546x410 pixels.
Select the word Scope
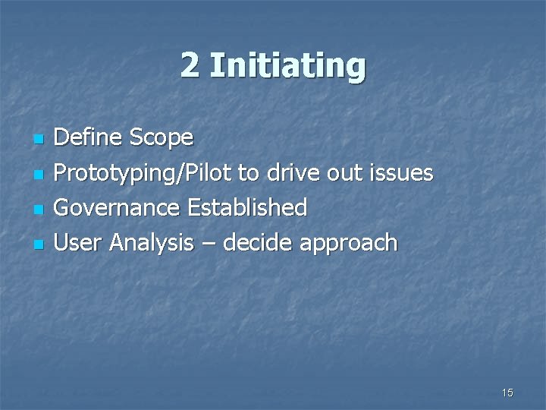162,139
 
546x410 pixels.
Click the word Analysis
151,243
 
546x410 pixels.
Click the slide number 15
507,393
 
